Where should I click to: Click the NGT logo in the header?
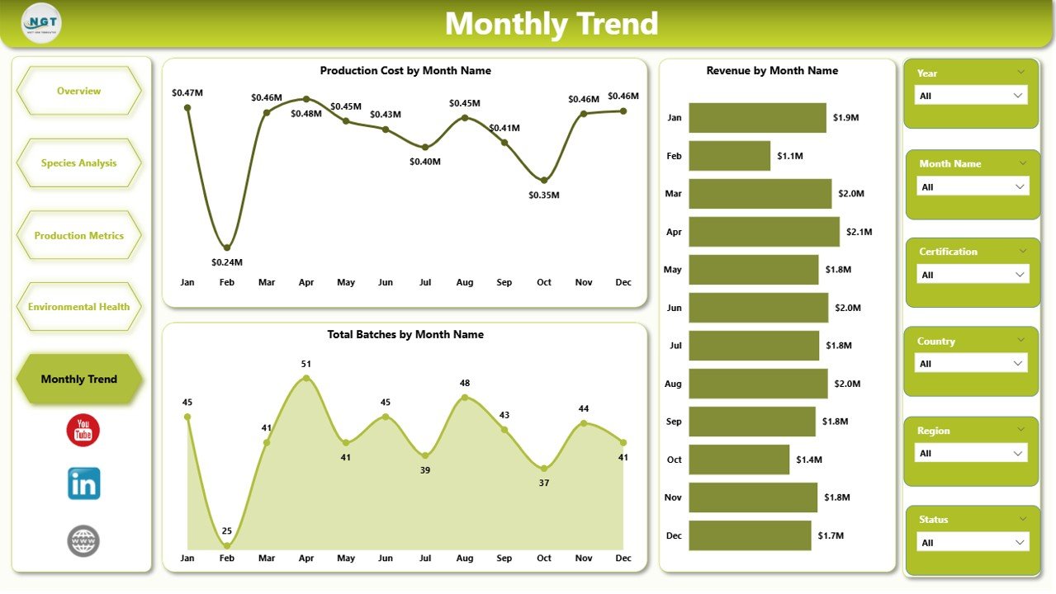click(x=41, y=23)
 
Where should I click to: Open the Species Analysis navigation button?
click(x=79, y=163)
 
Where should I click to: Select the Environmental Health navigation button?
click(x=79, y=307)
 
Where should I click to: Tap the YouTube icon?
click(x=83, y=431)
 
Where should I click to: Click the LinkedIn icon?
click(x=83, y=484)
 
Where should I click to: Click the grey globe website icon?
click(x=83, y=541)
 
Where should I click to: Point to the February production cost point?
click(x=227, y=247)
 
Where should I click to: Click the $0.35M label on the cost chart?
click(x=544, y=196)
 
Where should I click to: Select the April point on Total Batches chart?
click(x=306, y=378)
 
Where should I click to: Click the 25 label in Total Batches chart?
click(x=227, y=530)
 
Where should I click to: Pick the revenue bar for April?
click(x=764, y=232)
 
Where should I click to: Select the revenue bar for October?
click(x=739, y=460)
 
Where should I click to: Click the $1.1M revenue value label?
click(x=789, y=156)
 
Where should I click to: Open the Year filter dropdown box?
click(x=971, y=96)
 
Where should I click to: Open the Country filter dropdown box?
click(x=971, y=364)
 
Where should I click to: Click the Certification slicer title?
click(x=948, y=252)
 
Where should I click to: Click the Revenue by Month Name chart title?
click(x=772, y=71)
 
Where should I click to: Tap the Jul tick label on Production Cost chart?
click(x=425, y=282)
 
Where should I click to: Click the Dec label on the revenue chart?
click(x=674, y=535)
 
